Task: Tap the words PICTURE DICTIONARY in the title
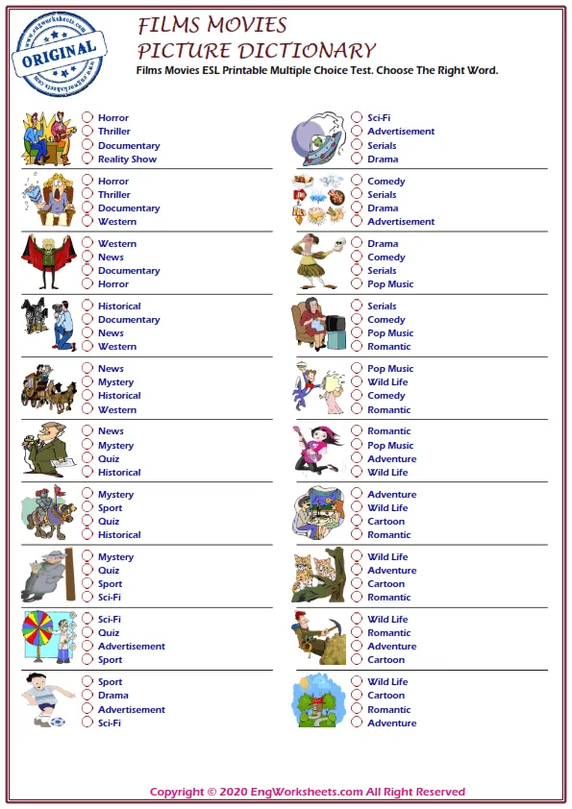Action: (256, 51)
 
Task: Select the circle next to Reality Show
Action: (87, 159)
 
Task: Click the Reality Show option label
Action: (127, 159)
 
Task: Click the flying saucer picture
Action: (318, 137)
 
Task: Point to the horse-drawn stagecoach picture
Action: (49, 386)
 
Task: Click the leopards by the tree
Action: (317, 576)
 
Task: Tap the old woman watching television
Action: (317, 325)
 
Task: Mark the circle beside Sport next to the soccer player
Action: (87, 682)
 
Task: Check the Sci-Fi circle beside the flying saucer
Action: (357, 118)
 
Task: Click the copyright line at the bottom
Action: (308, 792)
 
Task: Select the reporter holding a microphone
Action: (44, 449)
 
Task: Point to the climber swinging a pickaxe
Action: (317, 637)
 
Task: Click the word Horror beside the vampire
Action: (113, 284)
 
